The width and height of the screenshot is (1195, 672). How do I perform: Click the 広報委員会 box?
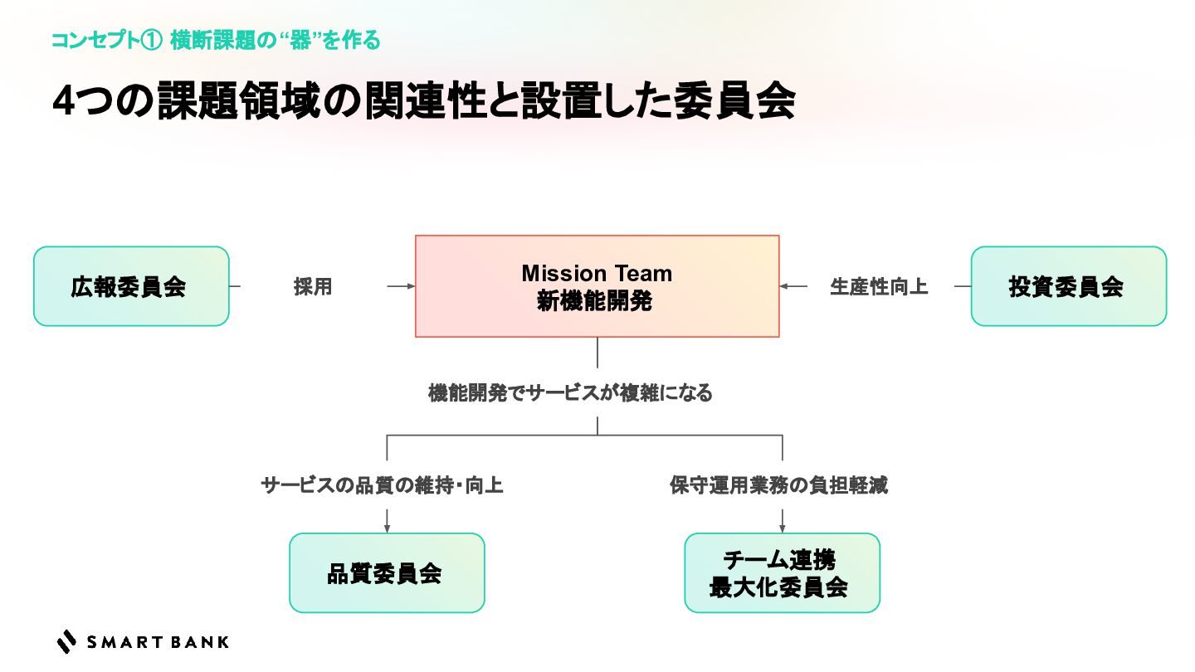point(130,286)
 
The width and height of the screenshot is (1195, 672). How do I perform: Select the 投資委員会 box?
point(1068,286)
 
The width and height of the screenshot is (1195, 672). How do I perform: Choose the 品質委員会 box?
point(386,572)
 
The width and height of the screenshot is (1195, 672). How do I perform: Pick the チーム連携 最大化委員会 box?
point(782,572)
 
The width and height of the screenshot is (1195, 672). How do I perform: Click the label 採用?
point(313,287)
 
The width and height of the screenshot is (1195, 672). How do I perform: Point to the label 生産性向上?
point(879,287)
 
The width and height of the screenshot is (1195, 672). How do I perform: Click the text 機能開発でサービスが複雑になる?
point(570,393)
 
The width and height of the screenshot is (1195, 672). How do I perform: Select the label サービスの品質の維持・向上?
point(382,485)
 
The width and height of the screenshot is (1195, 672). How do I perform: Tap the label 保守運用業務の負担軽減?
point(778,485)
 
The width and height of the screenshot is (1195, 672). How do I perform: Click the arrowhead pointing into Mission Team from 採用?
point(411,286)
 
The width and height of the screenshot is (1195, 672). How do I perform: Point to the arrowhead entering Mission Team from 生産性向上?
point(784,286)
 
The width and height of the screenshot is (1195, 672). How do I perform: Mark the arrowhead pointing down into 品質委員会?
point(387,528)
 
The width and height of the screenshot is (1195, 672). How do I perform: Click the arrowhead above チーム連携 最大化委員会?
point(782,528)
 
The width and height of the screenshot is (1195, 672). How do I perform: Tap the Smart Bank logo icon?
point(66,641)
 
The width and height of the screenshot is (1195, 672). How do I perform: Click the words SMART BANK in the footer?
point(157,642)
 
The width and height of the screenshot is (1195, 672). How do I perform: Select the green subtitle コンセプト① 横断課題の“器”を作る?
point(216,40)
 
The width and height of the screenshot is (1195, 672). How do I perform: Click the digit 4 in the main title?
point(65,103)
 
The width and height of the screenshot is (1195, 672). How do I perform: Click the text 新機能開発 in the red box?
point(594,301)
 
